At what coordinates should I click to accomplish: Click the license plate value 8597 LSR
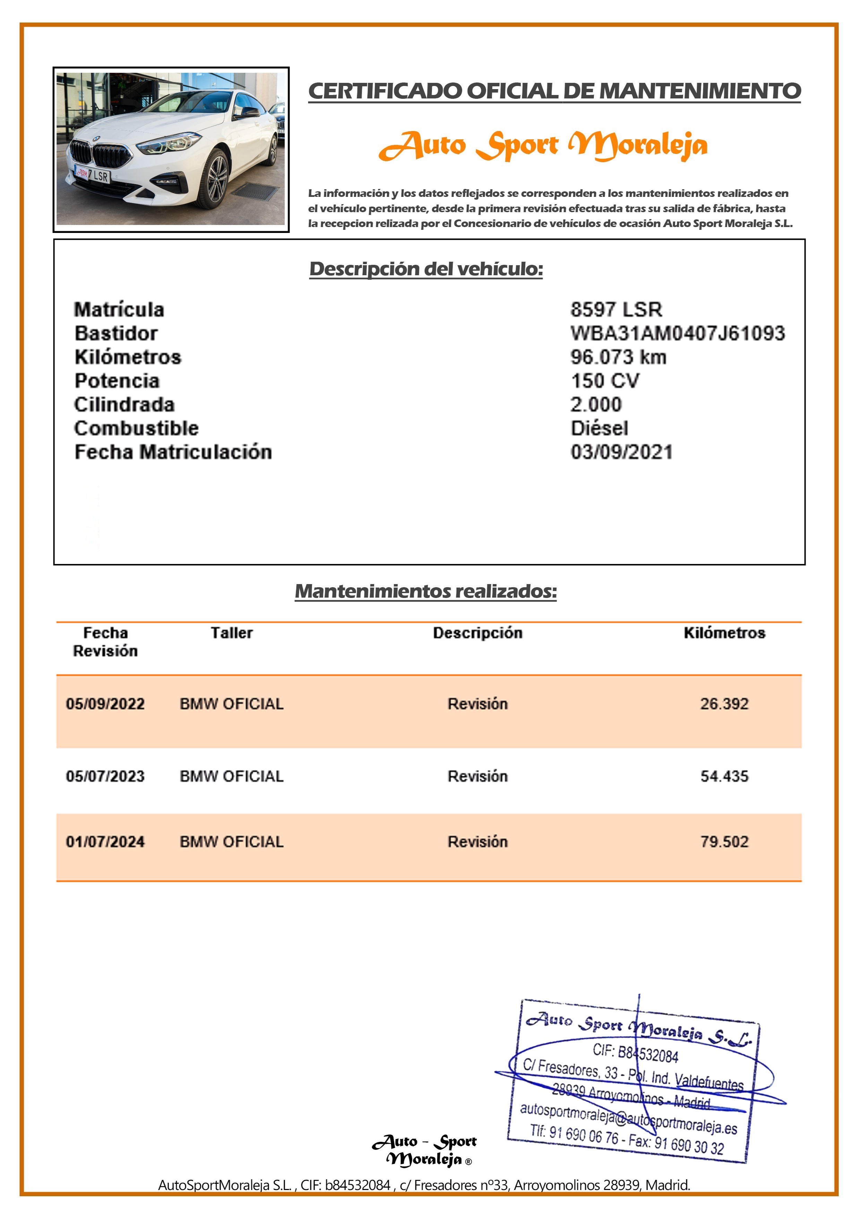616,309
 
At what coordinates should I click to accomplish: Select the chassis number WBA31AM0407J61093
677,333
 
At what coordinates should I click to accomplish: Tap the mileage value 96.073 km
618,357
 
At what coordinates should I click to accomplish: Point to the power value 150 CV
604,381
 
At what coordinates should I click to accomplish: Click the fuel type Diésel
599,428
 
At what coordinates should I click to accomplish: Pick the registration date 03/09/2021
621,452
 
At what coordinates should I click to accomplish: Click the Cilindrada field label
124,405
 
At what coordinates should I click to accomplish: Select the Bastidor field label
116,333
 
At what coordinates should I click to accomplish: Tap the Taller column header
232,633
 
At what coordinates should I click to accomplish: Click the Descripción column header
478,633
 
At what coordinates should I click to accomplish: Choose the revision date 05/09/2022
105,704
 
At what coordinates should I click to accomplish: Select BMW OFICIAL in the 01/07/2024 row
232,842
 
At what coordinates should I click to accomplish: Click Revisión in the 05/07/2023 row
478,776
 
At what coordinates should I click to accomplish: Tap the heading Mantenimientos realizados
425,591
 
